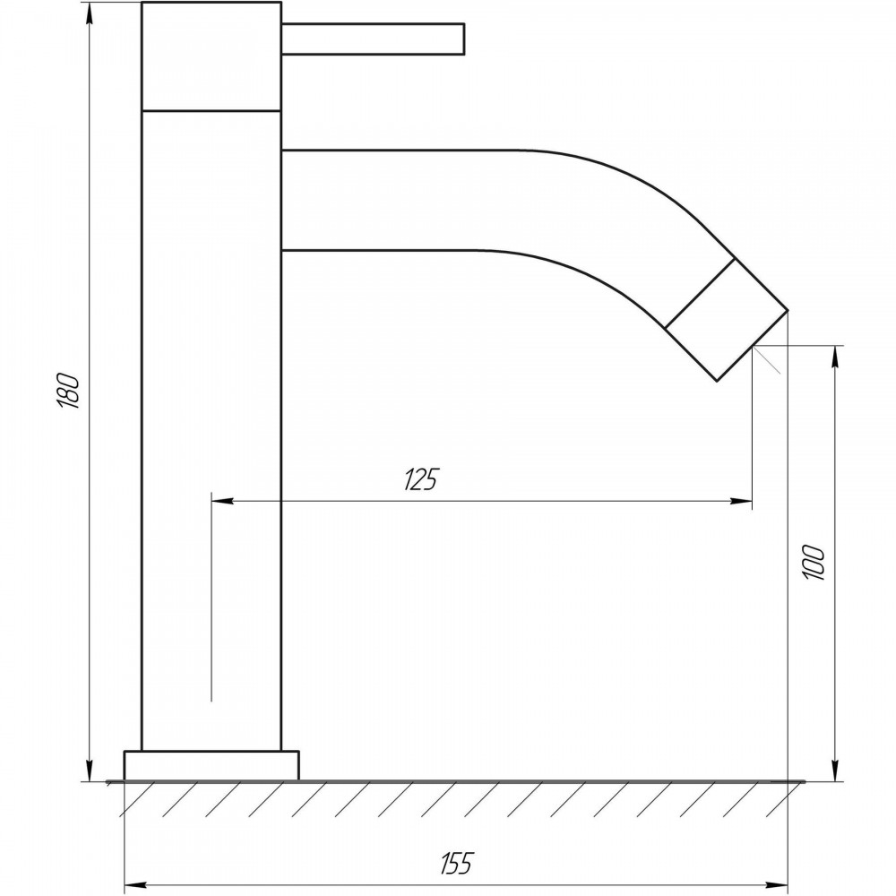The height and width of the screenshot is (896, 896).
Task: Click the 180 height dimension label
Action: click(68, 391)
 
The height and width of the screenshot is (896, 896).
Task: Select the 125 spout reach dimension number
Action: click(421, 478)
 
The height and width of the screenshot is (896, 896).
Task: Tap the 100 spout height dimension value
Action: click(814, 563)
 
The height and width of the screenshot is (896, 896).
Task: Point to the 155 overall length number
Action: click(457, 863)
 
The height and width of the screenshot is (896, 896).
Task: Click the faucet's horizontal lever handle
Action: click(373, 39)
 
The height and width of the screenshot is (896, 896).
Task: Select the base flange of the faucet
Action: click(211, 765)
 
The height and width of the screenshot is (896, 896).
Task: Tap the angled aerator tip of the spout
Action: click(727, 320)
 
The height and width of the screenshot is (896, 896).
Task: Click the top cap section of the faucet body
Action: click(211, 56)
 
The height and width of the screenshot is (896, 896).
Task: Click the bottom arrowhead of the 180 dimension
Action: click(89, 770)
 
